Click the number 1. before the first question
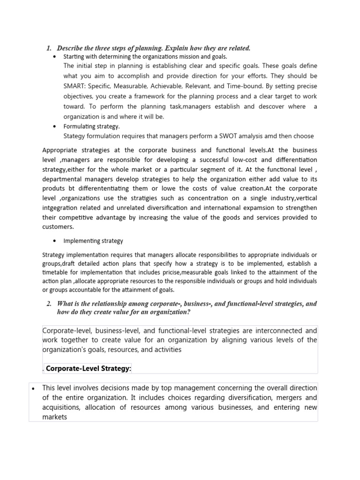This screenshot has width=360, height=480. click(49, 48)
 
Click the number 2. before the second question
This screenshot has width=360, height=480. click(49, 304)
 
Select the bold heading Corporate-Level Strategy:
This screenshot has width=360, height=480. click(89, 369)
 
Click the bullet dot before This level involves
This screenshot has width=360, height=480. click(33, 388)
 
